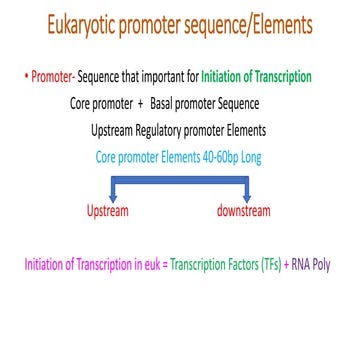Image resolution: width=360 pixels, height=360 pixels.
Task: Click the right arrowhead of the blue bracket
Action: [246, 200]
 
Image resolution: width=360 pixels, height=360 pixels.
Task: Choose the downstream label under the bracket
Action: [243, 212]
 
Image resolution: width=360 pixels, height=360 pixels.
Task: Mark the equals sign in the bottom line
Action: [163, 266]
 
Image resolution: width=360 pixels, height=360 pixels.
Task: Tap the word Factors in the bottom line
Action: [236, 266]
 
